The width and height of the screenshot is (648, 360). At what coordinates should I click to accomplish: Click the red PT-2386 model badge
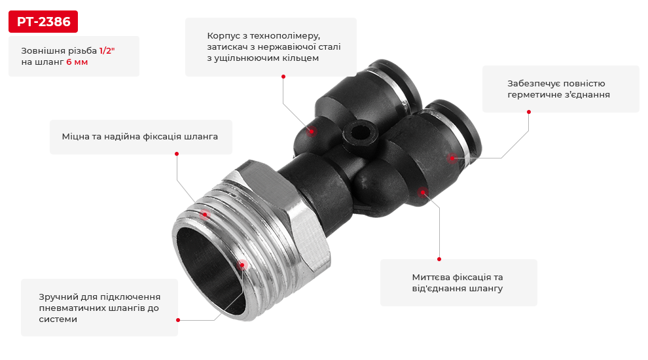click(x=43, y=22)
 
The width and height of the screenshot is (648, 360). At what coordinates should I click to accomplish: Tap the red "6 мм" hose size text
click(x=77, y=62)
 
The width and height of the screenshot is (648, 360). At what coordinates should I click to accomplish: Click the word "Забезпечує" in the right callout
click(x=533, y=83)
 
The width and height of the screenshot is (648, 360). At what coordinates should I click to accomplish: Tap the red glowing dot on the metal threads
click(x=204, y=214)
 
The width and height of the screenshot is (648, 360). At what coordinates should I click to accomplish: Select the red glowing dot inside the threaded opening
click(x=242, y=265)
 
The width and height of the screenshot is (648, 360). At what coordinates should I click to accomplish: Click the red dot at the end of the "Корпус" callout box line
click(x=283, y=77)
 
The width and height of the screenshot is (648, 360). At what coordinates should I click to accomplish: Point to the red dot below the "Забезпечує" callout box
click(x=529, y=112)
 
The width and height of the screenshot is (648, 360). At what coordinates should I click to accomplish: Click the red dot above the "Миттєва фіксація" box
click(x=439, y=259)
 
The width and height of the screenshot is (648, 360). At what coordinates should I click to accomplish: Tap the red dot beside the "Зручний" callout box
click(x=178, y=320)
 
